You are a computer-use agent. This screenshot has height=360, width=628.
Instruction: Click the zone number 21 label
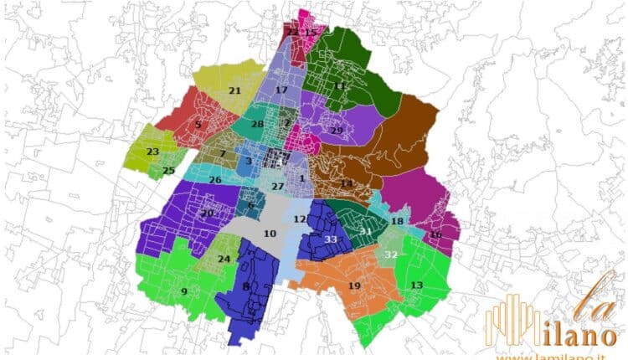pos(234,90)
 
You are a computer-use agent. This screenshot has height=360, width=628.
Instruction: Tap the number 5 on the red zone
pos(198,126)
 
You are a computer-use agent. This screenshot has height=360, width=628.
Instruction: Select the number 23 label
pos(152,152)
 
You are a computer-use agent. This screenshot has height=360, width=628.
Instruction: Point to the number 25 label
pos(168,171)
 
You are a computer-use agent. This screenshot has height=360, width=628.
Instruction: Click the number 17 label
pos(281,90)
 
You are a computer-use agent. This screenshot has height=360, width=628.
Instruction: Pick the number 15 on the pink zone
pos(311,33)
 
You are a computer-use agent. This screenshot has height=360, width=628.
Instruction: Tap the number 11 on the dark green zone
pos(339,85)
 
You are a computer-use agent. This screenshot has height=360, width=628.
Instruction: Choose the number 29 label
pos(337,131)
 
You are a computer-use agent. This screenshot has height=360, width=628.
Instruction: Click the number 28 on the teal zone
pos(257,125)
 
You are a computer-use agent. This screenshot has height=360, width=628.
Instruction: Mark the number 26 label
pos(215,180)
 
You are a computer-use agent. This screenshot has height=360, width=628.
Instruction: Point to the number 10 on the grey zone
pos(270,234)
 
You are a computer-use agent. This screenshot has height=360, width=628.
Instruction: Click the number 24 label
pos(224,259)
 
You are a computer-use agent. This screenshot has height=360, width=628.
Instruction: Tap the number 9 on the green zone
pos(183,291)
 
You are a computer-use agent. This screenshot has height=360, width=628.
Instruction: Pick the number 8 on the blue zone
pos(246,286)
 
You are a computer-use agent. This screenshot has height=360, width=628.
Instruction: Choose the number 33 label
pos(331,239)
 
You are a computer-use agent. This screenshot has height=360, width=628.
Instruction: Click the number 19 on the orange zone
pos(354,285)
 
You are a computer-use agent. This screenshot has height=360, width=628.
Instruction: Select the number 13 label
pos(416,285)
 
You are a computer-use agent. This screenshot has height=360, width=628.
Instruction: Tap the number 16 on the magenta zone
pos(435,235)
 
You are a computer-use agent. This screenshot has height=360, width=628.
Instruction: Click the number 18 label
pos(397,221)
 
